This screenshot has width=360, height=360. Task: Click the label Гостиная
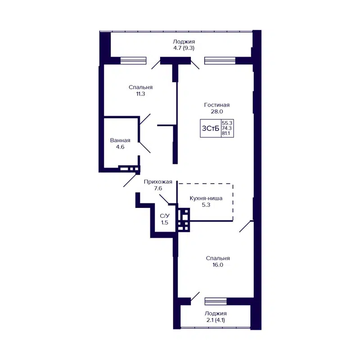pyautogui.click(x=213, y=105)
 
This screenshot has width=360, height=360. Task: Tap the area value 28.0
pyautogui.click(x=213, y=112)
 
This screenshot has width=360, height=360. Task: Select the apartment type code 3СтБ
pyautogui.click(x=210, y=129)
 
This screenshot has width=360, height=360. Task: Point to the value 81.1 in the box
pyautogui.click(x=227, y=134)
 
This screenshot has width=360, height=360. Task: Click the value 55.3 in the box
pyautogui.click(x=227, y=122)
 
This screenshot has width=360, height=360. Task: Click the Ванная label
pyautogui.click(x=120, y=140)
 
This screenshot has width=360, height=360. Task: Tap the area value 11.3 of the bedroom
pyautogui.click(x=140, y=94)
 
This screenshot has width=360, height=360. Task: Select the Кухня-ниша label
pyautogui.click(x=206, y=198)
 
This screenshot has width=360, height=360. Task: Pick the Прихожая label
pyautogui.click(x=158, y=182)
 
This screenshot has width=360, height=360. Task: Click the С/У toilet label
pyautogui.click(x=165, y=216)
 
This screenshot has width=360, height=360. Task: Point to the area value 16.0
pyautogui.click(x=218, y=265)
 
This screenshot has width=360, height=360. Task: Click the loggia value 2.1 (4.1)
pyautogui.click(x=215, y=320)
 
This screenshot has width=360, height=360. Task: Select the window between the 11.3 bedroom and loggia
pyautogui.click(x=133, y=60)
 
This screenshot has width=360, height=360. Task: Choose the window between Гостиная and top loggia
pyautogui.click(x=220, y=60)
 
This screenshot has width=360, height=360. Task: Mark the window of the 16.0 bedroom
pyautogui.click(x=216, y=301)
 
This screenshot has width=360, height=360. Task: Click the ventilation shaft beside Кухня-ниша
pyautogui.click(x=183, y=219)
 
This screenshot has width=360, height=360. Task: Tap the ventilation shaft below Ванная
pyautogui.click(x=130, y=170)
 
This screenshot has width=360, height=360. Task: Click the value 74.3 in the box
pyautogui.click(x=227, y=128)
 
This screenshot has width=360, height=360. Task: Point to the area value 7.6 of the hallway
pyautogui.click(x=158, y=189)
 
